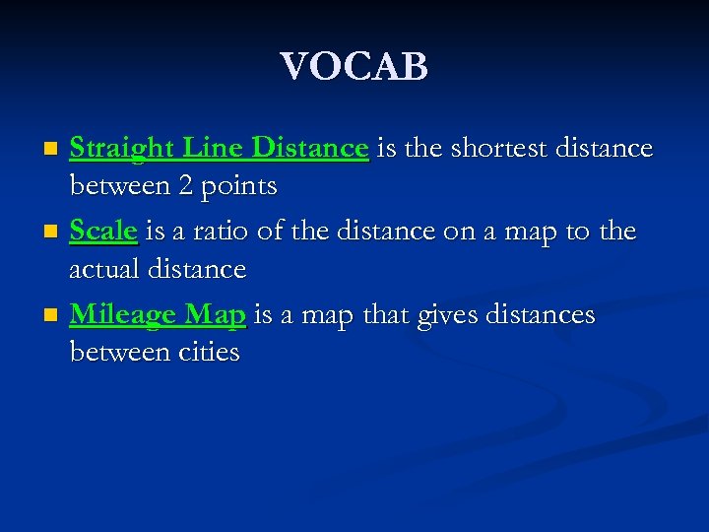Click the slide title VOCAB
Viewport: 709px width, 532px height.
tap(354, 67)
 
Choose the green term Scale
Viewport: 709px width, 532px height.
tap(103, 232)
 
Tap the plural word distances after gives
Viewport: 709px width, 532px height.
tap(537, 314)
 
